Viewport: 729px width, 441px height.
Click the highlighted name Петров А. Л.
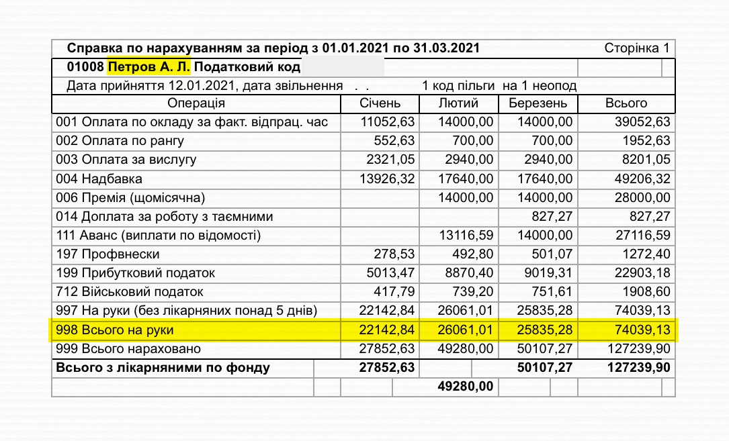[150, 67]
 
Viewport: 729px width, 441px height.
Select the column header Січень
[380, 103]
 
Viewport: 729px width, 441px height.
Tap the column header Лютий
[458, 103]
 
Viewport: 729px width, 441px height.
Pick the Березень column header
[538, 103]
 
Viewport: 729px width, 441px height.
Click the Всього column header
[626, 103]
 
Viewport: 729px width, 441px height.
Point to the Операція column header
[196, 103]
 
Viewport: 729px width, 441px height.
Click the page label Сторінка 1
[637, 48]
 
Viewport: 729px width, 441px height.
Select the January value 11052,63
[388, 122]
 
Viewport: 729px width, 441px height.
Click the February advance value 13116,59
[466, 236]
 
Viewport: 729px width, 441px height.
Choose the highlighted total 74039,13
[642, 331]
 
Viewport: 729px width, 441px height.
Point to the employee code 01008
[85, 67]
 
